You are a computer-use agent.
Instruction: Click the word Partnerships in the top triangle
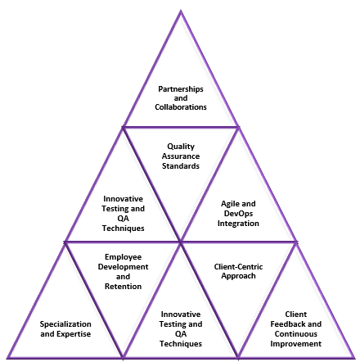click(181, 89)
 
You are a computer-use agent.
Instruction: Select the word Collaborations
click(181, 107)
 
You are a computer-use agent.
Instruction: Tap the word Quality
click(181, 147)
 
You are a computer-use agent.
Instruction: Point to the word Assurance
click(181, 156)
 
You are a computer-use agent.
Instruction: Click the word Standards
click(181, 166)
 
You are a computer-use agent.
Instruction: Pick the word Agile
click(230, 204)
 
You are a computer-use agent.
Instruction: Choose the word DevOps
click(238, 214)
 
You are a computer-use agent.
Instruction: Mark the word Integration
click(238, 224)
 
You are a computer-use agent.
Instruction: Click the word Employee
click(123, 257)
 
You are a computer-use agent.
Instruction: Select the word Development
click(123, 267)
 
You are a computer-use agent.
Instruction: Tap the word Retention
click(123, 287)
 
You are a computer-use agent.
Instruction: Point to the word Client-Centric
click(238, 266)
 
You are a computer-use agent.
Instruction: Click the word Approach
click(238, 276)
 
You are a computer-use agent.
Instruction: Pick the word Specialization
click(65, 324)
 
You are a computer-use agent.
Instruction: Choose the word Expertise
click(75, 334)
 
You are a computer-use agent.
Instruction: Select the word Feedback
click(286, 324)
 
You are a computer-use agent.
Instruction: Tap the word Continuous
click(296, 334)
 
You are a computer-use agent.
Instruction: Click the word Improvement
click(296, 344)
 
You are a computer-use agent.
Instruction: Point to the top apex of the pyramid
click(181, 11)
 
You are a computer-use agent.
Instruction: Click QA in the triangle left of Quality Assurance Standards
click(123, 219)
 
